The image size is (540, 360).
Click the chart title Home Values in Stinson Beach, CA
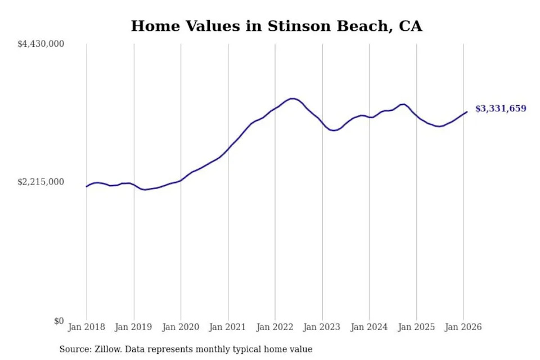(276, 26)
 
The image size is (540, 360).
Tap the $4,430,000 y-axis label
(41, 44)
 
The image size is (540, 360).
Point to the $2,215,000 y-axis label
(41, 182)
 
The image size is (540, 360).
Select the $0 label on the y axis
(59, 321)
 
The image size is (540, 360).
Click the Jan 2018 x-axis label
(87, 327)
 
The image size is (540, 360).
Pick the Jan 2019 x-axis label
(134, 327)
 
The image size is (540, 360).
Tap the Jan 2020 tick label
(181, 327)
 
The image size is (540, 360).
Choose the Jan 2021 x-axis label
(228, 327)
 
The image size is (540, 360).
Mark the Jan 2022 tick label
(275, 327)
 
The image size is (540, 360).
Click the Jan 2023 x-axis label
(322, 327)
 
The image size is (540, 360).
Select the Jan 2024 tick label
(369, 327)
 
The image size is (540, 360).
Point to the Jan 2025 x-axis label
(416, 327)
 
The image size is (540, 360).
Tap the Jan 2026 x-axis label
(463, 327)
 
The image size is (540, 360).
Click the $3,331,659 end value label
(501, 109)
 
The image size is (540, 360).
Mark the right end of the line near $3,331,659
(466, 112)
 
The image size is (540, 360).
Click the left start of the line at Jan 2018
(87, 186)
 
